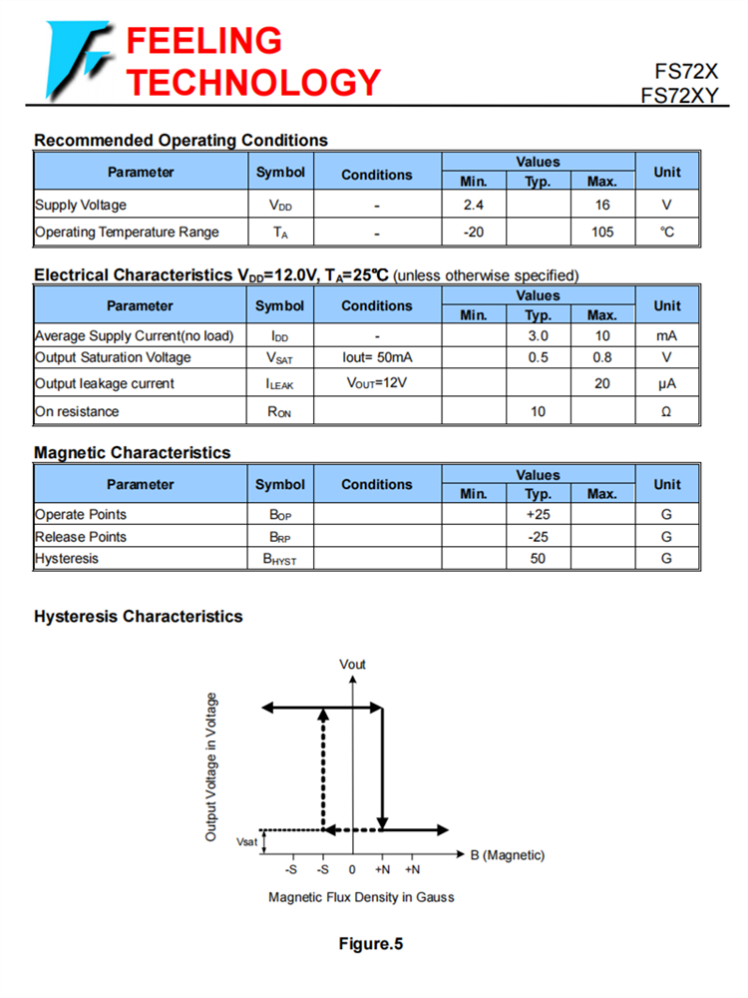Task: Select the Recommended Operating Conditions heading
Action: click(181, 141)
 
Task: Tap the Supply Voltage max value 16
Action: click(602, 206)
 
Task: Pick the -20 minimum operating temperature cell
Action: click(474, 233)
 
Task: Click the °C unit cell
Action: click(666, 233)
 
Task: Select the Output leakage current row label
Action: click(105, 384)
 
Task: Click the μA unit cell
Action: click(666, 384)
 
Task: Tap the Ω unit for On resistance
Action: click(666, 411)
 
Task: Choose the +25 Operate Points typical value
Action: click(538, 515)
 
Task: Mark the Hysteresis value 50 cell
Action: click(538, 559)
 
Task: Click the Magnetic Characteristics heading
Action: click(132, 453)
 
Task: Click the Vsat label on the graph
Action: click(246, 842)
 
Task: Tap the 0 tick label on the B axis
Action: click(352, 870)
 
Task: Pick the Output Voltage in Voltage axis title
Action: click(211, 766)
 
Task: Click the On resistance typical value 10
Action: click(538, 411)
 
